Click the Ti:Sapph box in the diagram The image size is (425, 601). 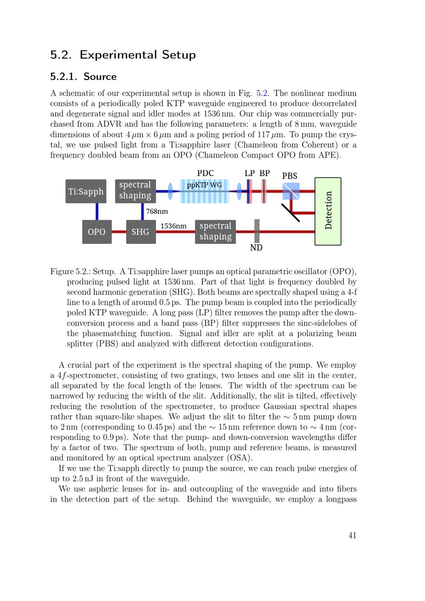86,191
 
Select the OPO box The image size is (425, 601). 97,232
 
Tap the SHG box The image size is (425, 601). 141,232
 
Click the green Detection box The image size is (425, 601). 328,211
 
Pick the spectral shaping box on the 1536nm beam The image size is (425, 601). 215,232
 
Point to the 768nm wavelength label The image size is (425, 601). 157,211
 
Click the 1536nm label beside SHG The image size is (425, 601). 173,226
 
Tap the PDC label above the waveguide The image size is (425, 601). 205,173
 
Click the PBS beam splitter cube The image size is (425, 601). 291,191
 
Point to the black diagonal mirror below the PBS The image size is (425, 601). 291,213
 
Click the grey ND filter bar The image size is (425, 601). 257,231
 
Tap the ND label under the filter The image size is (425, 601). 256,247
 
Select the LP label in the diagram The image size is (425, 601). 249,173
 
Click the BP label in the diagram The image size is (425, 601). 265,173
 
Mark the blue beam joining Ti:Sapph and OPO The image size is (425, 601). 97,211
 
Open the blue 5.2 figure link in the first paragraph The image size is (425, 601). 262,93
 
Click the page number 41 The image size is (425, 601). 352,536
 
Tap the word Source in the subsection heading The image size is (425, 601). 100,77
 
